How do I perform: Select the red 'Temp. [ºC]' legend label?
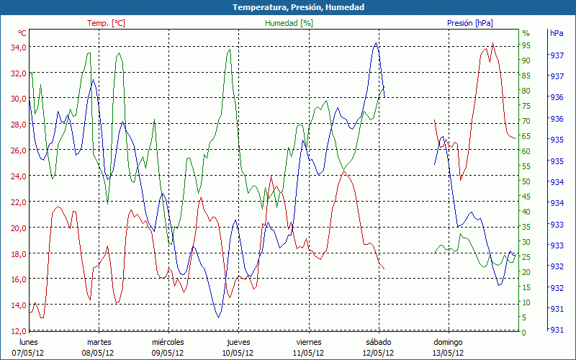[x=106, y=23]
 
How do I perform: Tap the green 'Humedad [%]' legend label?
[x=289, y=23]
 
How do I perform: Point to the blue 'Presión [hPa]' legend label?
[x=470, y=23]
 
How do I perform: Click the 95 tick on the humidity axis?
[x=526, y=45]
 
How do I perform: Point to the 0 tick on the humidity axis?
[x=523, y=333]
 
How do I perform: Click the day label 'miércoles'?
[x=168, y=342]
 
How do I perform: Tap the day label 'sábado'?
[x=379, y=342]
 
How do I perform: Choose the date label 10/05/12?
[x=238, y=353]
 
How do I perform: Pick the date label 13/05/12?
[x=448, y=353]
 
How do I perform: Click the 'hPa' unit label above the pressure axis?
[x=556, y=33]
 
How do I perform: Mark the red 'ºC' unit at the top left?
[x=22, y=33]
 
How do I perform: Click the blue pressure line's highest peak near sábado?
[x=376, y=43]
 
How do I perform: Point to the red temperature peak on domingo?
[x=492, y=44]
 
